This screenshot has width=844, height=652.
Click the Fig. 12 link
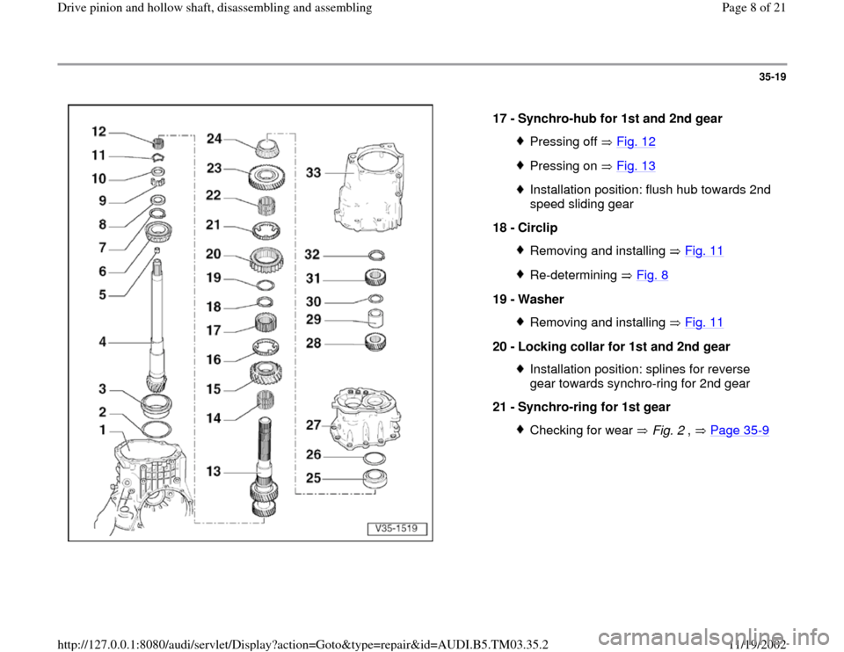click(636, 141)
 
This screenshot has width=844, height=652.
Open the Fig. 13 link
click(636, 166)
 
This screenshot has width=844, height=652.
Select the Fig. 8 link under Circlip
click(651, 275)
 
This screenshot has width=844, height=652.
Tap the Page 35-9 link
click(739, 431)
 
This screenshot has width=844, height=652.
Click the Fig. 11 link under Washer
click(704, 322)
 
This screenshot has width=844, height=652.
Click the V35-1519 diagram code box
click(397, 529)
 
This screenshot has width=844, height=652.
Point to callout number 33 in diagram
click(313, 173)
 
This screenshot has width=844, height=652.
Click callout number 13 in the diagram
click(214, 471)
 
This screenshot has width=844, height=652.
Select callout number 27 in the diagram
click(313, 425)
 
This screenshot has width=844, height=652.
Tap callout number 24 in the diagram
click(215, 139)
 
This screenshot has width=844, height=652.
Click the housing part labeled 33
click(370, 185)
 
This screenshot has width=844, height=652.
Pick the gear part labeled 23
click(267, 176)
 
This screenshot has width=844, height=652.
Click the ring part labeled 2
click(156, 430)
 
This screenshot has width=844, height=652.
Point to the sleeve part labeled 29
click(375, 318)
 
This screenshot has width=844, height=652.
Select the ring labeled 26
click(375, 459)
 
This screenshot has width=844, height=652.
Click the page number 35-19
click(773, 77)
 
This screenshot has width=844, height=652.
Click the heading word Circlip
click(538, 228)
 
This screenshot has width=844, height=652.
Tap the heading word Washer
click(541, 299)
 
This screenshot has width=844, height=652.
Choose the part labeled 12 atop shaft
click(158, 143)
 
